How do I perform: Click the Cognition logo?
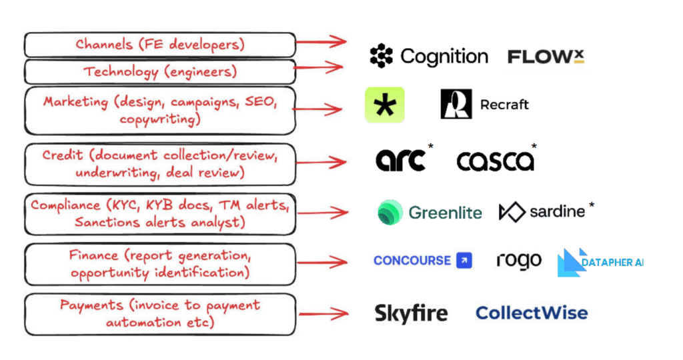[x=429, y=57]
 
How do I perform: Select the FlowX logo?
[x=546, y=57]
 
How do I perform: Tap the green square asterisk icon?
[x=385, y=105]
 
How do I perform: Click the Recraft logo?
[x=484, y=105]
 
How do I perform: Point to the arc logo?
[x=402, y=160]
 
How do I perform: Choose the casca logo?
[x=496, y=160]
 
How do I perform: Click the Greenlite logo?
[x=430, y=213]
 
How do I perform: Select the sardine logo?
[x=544, y=212]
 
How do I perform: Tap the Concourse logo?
[x=422, y=261]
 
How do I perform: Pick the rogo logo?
[x=519, y=261]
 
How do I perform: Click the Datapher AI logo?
[x=600, y=263]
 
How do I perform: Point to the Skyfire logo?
[x=411, y=313]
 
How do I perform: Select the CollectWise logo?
[x=532, y=313]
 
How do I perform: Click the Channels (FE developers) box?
[x=159, y=45]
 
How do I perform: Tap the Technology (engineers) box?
[x=159, y=71]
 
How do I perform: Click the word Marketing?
[x=75, y=102]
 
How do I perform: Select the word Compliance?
[x=64, y=205]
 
